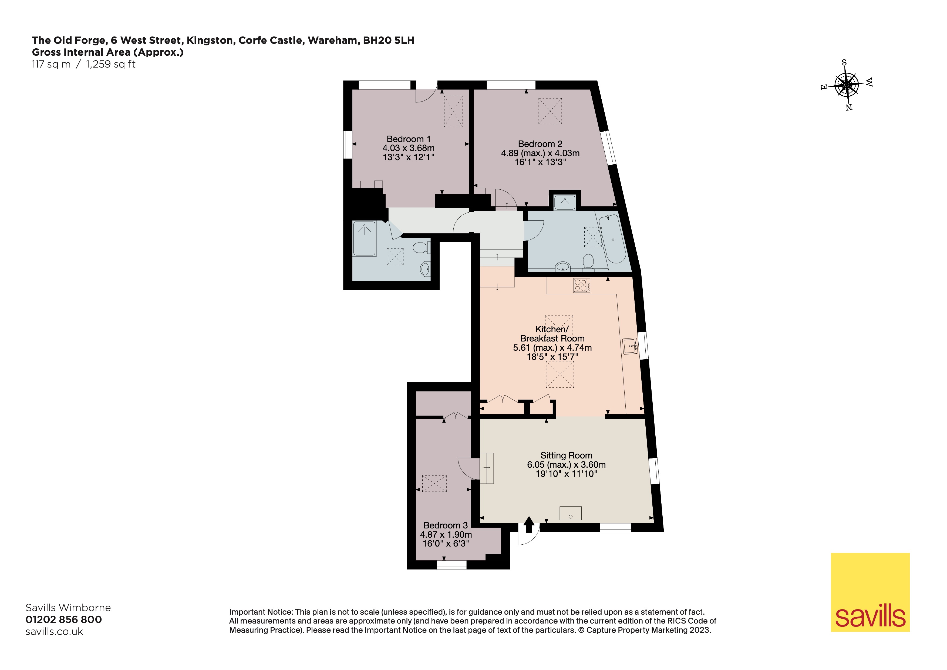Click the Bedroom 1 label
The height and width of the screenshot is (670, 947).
click(408, 139)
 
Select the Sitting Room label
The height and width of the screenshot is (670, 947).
click(566, 455)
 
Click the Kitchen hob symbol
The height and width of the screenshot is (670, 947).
click(581, 286)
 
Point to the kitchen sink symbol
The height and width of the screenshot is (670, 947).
click(630, 346)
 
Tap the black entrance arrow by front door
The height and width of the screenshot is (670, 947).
click(529, 525)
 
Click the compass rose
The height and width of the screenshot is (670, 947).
click(846, 85)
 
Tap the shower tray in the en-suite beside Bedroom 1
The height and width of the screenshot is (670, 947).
click(364, 239)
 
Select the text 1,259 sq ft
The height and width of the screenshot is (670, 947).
click(110, 64)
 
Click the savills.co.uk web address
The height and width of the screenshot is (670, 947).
click(54, 632)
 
